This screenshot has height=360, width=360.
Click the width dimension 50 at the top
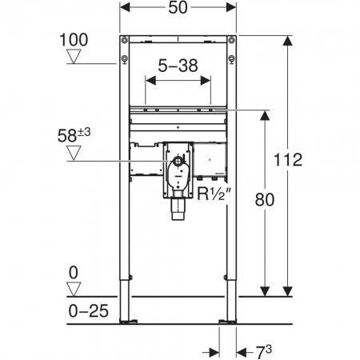pos(178,7)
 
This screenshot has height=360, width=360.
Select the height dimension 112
pos(288,160)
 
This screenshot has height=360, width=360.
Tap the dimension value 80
pos(264,200)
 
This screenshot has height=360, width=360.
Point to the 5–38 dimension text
pos(178,66)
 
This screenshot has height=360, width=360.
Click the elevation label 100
pos(74,40)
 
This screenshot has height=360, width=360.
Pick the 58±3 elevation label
pos(74,135)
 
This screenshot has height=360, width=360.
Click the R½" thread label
pos(214,194)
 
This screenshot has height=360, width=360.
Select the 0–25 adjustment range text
pos(89,311)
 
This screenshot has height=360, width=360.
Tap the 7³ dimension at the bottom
pos(263,352)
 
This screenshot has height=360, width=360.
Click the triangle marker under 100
pos(74,57)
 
